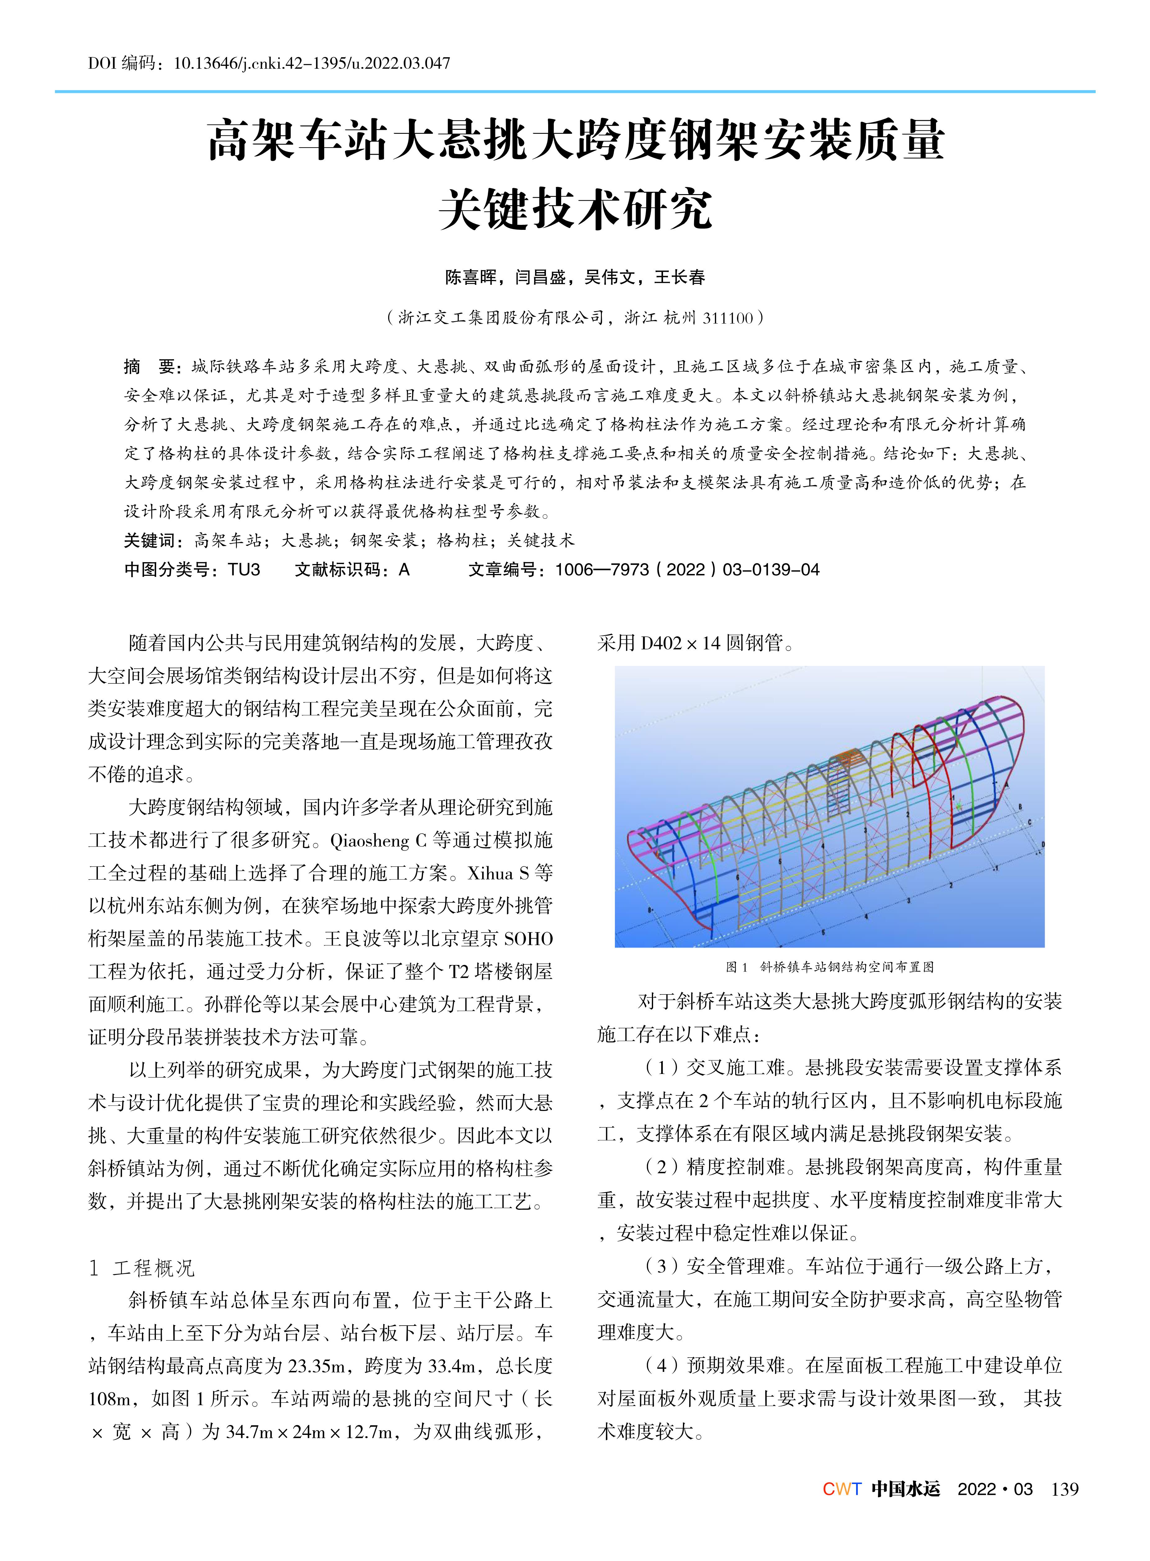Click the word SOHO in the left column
(528, 939)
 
